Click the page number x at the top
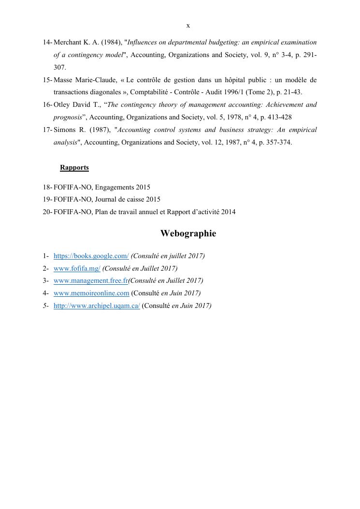click(188, 26)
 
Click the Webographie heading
click(188, 233)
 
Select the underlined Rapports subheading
click(74, 168)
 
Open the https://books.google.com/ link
click(91, 256)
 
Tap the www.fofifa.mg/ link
click(77, 268)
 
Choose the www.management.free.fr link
click(90, 280)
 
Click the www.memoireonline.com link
click(91, 293)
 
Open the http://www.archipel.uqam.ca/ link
click(97, 305)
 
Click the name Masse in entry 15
click(63, 80)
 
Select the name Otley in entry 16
click(62, 104)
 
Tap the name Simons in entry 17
click(65, 130)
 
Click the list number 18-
click(47, 187)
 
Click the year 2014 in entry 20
click(229, 212)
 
